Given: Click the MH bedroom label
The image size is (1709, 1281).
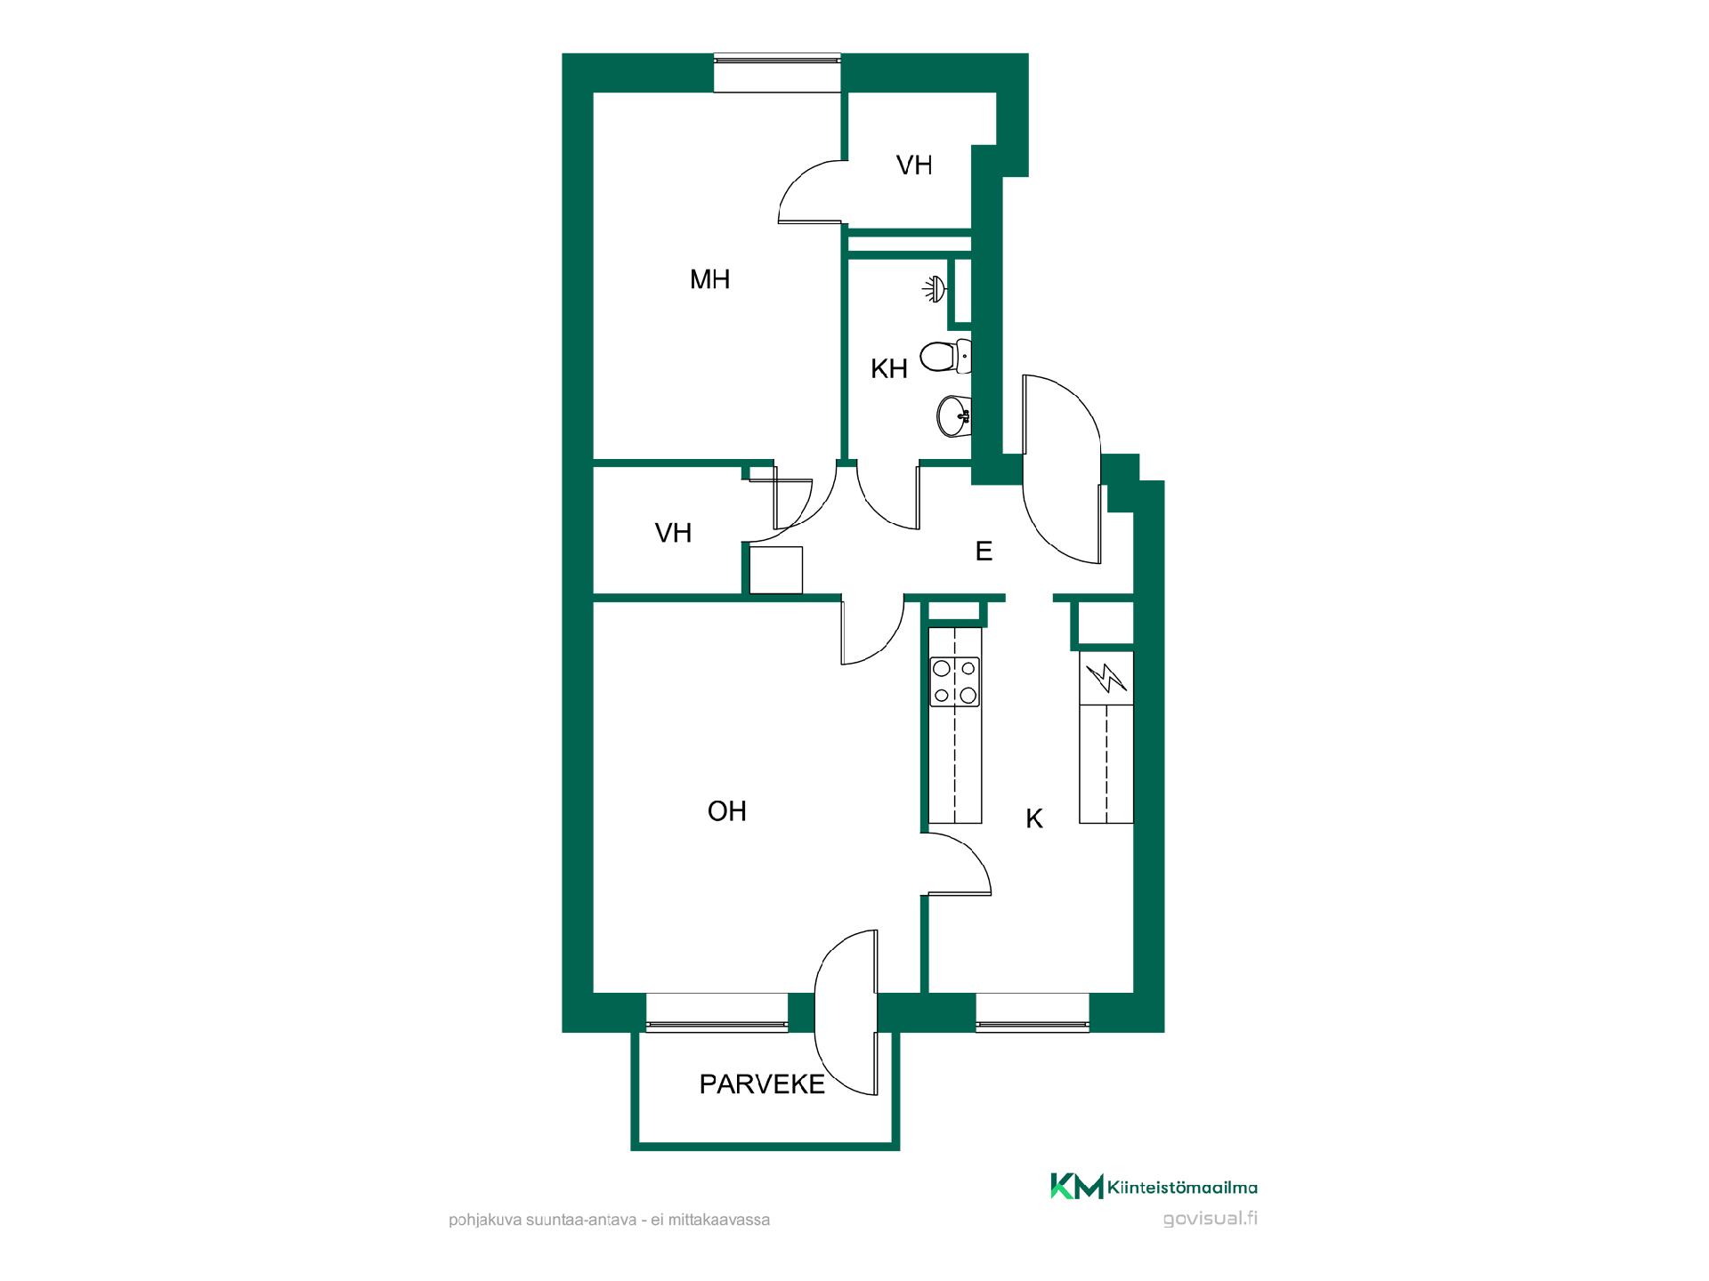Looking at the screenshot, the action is (709, 280).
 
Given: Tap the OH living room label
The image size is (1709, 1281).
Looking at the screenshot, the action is (726, 811).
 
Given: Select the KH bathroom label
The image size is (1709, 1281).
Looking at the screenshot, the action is (888, 368).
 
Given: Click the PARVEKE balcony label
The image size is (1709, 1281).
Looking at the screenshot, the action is (762, 1084).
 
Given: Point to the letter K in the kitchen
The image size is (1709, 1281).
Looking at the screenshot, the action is (1034, 819).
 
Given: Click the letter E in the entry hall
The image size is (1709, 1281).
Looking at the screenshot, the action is (984, 552).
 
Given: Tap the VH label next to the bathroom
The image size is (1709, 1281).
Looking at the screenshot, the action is (914, 165).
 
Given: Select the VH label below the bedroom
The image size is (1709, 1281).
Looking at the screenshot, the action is (673, 533).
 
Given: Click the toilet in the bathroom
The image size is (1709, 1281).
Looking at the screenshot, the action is (944, 357).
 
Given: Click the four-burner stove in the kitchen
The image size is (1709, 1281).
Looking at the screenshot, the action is (955, 682).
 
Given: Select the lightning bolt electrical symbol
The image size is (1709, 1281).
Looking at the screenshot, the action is (1106, 678).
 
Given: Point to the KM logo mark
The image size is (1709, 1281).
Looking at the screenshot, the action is (1076, 1186).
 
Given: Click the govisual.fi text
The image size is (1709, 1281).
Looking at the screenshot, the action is (1211, 1219).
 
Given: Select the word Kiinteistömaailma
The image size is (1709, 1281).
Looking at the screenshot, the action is (1183, 1188).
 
